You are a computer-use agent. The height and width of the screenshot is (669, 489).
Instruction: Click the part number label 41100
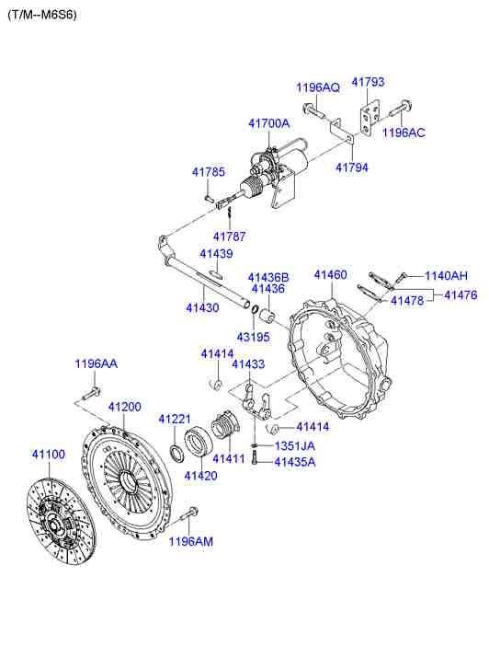coord(49,454)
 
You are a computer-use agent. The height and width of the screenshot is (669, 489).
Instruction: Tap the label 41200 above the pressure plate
coord(124,407)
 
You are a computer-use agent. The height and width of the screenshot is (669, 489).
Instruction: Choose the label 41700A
coord(268,122)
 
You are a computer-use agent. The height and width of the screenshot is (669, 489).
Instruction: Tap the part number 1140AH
coord(445,275)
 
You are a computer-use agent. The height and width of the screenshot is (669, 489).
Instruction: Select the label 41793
coord(368,81)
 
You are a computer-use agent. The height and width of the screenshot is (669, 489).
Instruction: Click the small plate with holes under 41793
coord(370,121)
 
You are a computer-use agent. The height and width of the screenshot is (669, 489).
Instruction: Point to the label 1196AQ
coord(317,87)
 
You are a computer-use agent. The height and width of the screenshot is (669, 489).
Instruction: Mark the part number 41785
coord(208,171)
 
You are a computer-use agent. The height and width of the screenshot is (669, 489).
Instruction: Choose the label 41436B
coord(267,276)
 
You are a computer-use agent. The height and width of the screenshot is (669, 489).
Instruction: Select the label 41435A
coord(294,461)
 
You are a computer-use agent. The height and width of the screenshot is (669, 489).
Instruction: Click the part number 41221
coord(173,419)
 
